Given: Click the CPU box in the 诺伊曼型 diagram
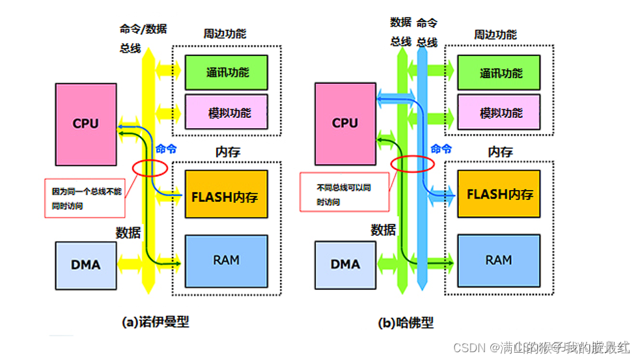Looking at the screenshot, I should [85, 123].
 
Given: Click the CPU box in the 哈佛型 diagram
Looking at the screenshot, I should [344, 123].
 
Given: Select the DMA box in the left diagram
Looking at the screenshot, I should [85, 264].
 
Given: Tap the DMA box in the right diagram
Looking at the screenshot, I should [344, 264].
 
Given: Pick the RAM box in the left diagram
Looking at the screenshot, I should [226, 260].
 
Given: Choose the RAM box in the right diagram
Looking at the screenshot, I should [498, 260].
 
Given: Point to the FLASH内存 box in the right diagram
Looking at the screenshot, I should [498, 195].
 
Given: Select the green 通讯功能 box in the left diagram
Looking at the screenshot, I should [227, 72].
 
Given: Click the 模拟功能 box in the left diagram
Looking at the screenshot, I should [227, 112].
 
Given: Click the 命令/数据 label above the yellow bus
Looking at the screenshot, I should [143, 29].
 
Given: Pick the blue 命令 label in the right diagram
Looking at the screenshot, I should [441, 148].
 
